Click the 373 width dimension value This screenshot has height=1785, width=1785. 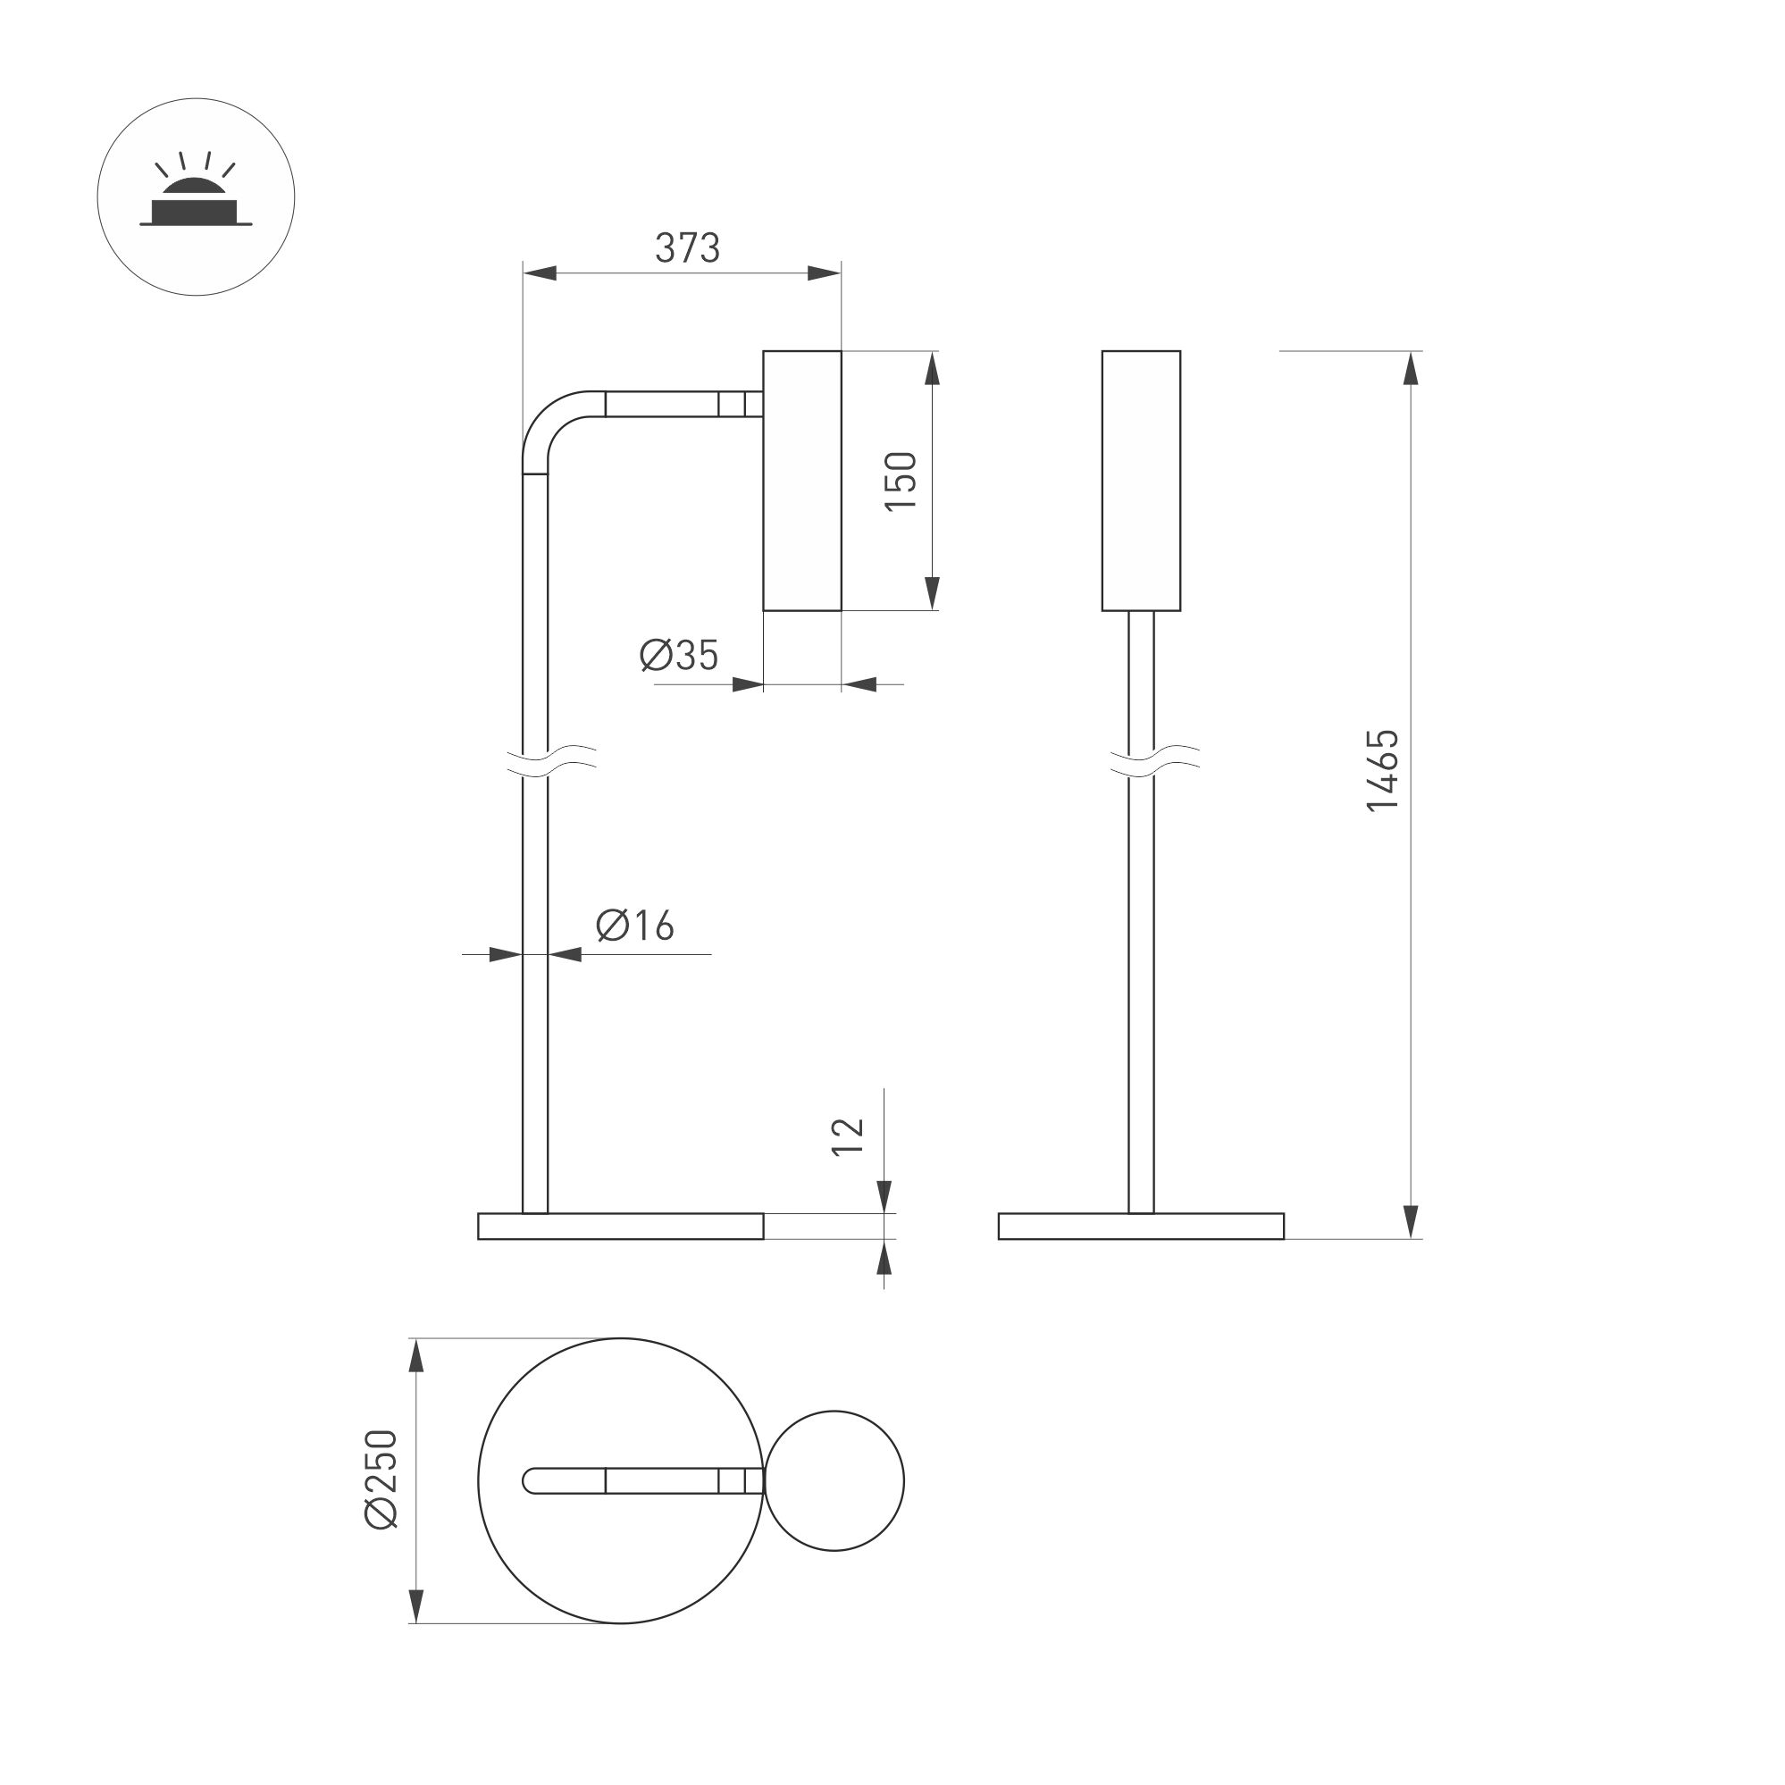[686, 247]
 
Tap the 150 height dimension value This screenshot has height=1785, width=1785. [901, 481]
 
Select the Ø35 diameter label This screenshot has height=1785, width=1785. [679, 655]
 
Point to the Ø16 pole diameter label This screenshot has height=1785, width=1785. [636, 925]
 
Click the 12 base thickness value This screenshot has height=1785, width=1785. [848, 1136]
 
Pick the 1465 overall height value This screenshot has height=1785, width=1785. [1383, 770]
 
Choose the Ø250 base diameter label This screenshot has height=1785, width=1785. [381, 1479]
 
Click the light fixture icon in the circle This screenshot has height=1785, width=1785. [196, 197]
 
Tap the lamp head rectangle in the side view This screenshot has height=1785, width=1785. [802, 481]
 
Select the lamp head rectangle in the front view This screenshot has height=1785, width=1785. [1141, 481]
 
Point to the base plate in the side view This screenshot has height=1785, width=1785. [620, 1226]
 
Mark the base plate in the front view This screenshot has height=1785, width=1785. [1141, 1226]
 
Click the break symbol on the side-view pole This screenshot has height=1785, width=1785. [551, 760]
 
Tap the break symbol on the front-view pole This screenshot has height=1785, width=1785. [1154, 760]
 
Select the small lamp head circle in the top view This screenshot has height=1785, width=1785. [834, 1480]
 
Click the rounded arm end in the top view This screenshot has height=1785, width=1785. [532, 1480]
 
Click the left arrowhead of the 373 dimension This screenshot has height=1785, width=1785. [540, 272]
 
